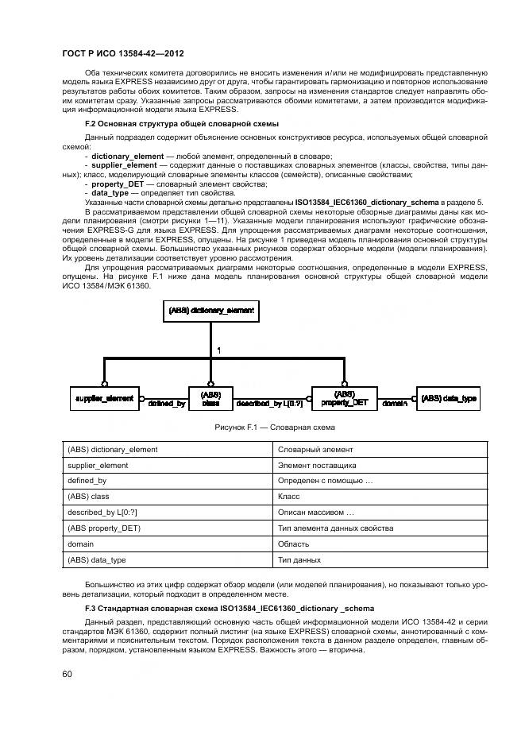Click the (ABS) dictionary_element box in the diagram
pyautogui.click(x=210, y=311)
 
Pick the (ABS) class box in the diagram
pyautogui.click(x=210, y=397)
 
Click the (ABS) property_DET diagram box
pyautogui.click(x=344, y=397)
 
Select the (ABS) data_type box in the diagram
pyautogui.click(x=449, y=397)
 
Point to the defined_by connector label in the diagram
pyautogui.click(x=167, y=404)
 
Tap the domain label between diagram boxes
pyautogui.click(x=395, y=404)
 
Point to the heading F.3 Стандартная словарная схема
pyautogui.click(x=210, y=607)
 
